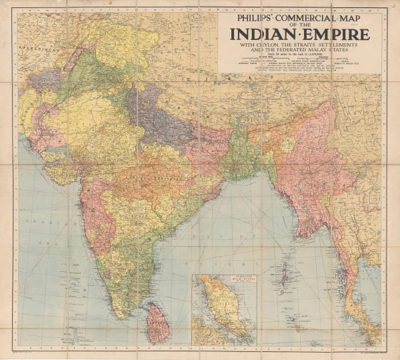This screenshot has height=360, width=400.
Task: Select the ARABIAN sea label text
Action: [33, 218]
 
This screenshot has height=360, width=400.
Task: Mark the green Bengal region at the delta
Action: [237, 153]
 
